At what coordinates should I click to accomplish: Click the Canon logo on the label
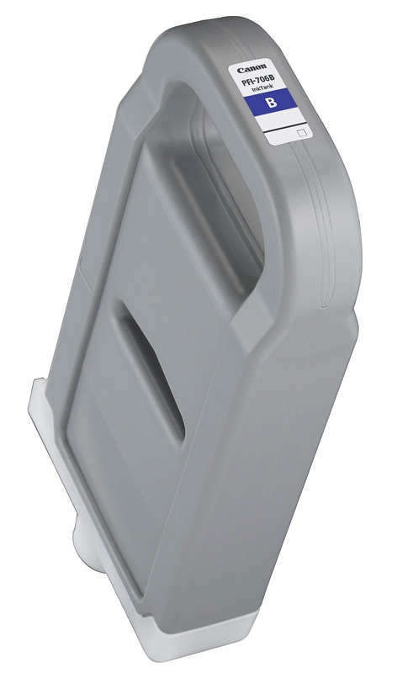click(x=252, y=67)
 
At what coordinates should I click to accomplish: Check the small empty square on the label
click(x=302, y=132)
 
